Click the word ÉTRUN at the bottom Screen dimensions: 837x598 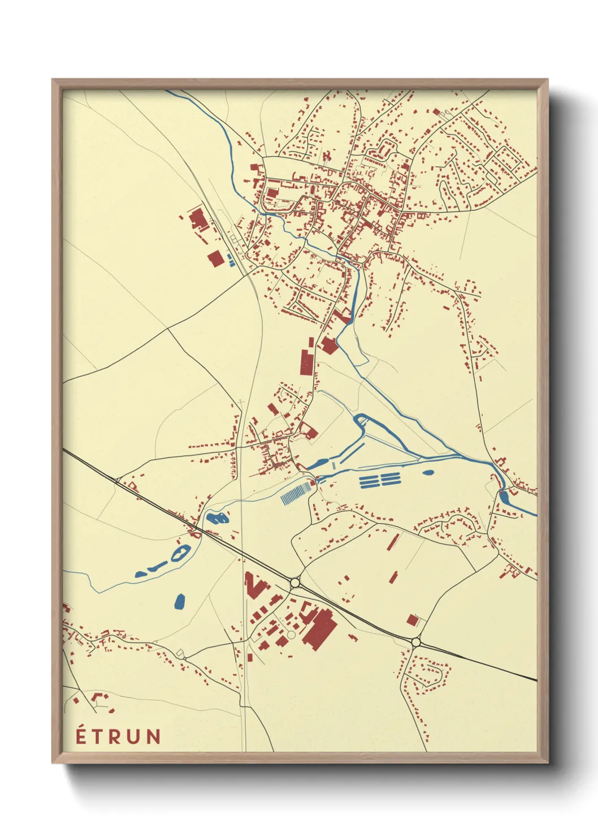(119, 736)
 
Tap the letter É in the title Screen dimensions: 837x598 (81, 736)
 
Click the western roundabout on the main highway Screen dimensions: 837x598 (294, 582)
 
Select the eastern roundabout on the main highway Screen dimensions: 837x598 (417, 642)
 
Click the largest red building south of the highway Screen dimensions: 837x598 (320, 627)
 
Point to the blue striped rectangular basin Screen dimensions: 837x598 (296, 492)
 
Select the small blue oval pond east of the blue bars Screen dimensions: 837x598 (428, 472)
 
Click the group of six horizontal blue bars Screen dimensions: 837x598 (380, 481)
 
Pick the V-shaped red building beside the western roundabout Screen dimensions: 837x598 (254, 585)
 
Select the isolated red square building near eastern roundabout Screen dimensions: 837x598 (413, 620)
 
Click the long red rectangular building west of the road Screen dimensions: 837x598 (306, 361)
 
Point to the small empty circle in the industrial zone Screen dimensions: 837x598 (291, 635)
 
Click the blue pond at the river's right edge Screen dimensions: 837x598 (504, 497)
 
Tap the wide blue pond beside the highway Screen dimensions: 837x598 (216, 517)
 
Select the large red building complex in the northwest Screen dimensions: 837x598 (198, 220)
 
